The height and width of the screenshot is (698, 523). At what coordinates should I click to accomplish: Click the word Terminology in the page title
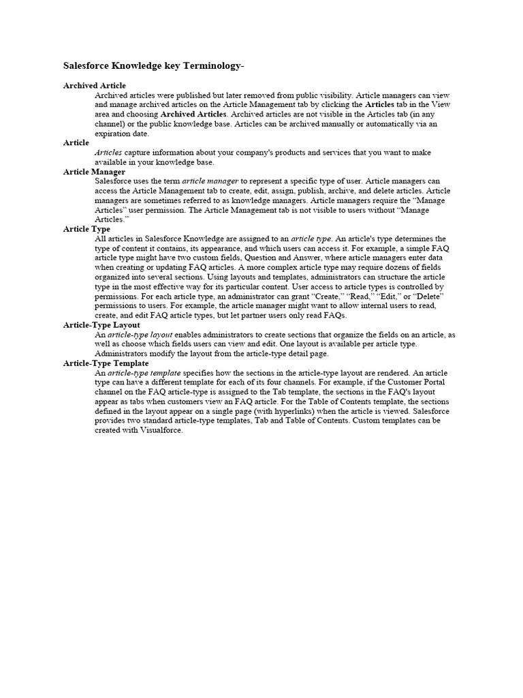click(x=208, y=66)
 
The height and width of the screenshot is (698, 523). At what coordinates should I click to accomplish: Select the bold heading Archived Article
click(x=95, y=86)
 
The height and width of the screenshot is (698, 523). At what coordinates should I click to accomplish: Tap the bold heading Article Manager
click(x=94, y=172)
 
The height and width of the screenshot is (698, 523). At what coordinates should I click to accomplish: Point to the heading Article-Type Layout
click(x=101, y=325)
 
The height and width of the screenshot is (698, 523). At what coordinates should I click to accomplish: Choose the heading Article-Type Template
click(x=106, y=363)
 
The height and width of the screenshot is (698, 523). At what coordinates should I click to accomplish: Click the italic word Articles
click(x=108, y=153)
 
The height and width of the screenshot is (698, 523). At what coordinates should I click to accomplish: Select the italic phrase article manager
click(x=210, y=181)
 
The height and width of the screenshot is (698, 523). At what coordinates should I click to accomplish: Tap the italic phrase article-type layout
click(x=140, y=335)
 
